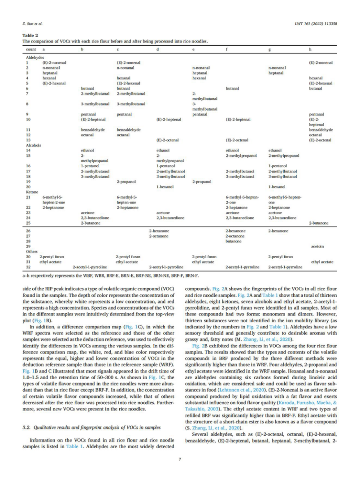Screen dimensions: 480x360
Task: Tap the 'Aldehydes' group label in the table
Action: click(x=35, y=58)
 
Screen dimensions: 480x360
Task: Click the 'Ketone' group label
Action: click(x=32, y=192)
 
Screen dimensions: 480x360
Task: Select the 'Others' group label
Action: click(x=32, y=251)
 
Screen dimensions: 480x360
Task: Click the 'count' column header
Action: click(x=31, y=48)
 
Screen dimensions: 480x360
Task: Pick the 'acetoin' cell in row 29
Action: click(x=317, y=246)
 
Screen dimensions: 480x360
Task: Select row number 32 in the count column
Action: click(x=28, y=267)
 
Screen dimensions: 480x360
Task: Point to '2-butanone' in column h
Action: click(x=319, y=223)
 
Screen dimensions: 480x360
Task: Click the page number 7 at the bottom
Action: click(x=179, y=458)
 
